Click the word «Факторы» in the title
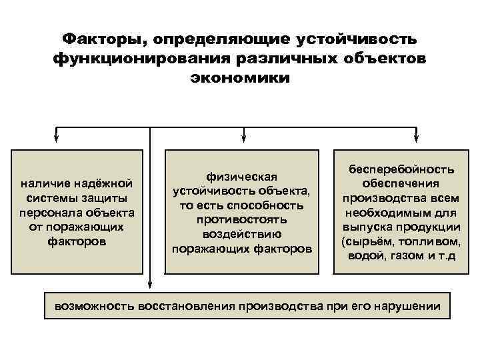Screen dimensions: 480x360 pos(99,38)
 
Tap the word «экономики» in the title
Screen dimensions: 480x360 pos(240,78)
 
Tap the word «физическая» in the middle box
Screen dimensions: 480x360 pos(242,175)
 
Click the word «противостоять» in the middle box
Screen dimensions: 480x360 pos(242,219)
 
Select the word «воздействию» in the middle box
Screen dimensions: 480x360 pos(242,234)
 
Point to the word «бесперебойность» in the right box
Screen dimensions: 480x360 pos(399,169)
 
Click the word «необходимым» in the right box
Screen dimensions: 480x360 pos(382,213)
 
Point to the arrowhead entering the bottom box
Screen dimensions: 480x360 pos(151,288)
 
